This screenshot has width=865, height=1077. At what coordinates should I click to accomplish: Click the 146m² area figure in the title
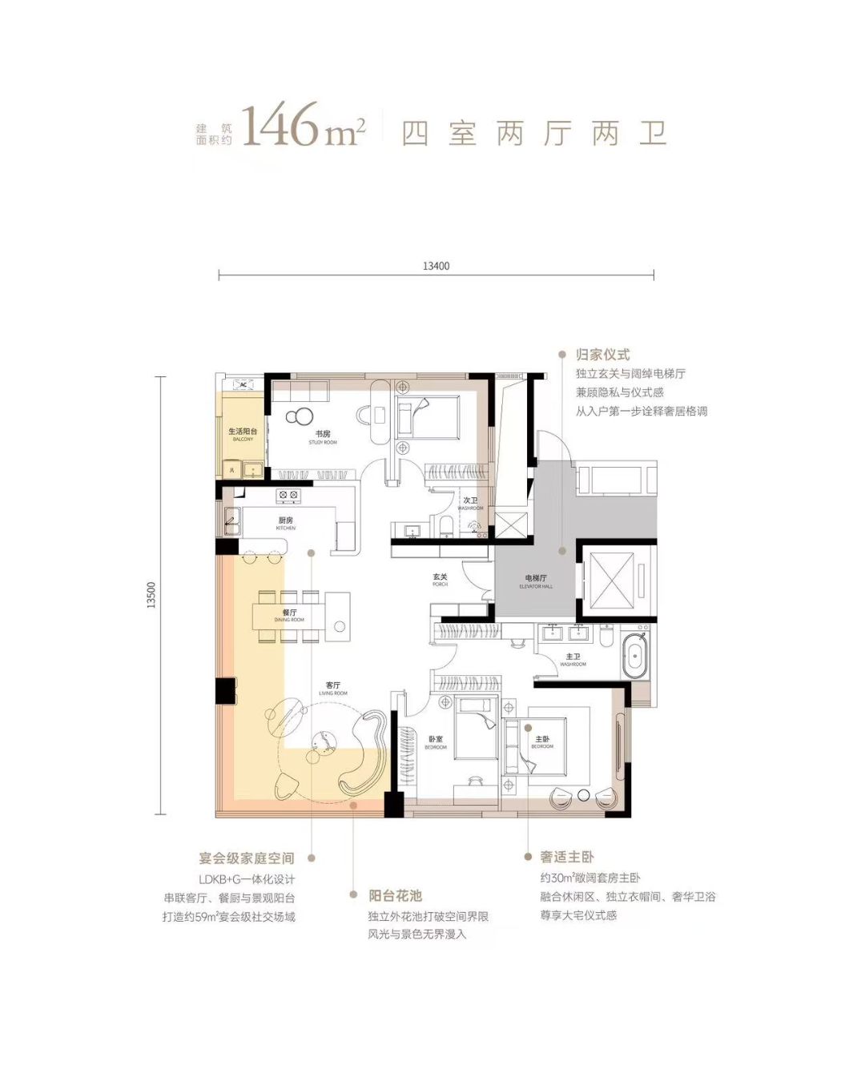pyautogui.click(x=303, y=127)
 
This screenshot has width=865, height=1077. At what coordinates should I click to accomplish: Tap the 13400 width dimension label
pyautogui.click(x=436, y=266)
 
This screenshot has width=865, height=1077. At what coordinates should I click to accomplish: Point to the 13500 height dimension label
pyautogui.click(x=151, y=595)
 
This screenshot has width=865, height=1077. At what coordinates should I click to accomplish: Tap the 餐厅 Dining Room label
pyautogui.click(x=289, y=615)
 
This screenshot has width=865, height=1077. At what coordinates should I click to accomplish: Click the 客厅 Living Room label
pyautogui.click(x=333, y=689)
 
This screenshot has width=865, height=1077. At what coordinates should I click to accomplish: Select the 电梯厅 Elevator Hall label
pyautogui.click(x=536, y=581)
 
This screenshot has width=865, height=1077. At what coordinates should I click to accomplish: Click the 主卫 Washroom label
pyautogui.click(x=573, y=660)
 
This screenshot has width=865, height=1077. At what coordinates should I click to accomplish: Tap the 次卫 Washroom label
pyautogui.click(x=470, y=504)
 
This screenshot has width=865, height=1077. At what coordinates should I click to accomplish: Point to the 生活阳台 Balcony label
pyautogui.click(x=243, y=434)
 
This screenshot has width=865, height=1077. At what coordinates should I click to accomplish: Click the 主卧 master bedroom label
pyautogui.click(x=542, y=741)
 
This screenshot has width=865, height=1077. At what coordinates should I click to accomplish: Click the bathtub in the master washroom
pyautogui.click(x=634, y=656)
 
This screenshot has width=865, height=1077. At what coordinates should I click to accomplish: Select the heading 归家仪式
pyautogui.click(x=602, y=355)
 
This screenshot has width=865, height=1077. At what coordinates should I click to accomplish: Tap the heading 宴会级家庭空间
pyautogui.click(x=247, y=858)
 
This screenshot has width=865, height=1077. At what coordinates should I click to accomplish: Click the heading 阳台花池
pyautogui.click(x=395, y=895)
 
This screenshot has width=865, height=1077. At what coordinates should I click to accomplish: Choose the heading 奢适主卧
pyautogui.click(x=567, y=857)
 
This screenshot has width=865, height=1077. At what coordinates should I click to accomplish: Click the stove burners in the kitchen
pyautogui.click(x=288, y=496)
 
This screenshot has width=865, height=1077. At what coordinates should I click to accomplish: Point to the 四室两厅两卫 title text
pyautogui.click(x=534, y=133)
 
